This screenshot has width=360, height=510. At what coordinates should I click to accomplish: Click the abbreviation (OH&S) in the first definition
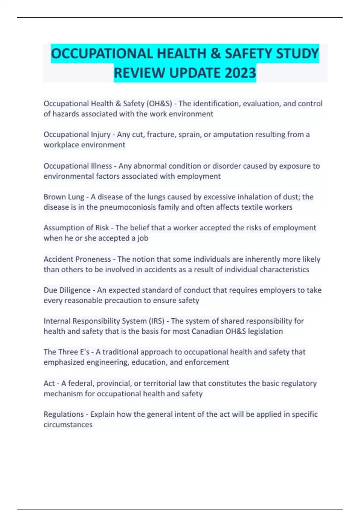pyautogui.click(x=159, y=103)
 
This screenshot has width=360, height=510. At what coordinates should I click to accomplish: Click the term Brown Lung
pyautogui.click(x=64, y=197)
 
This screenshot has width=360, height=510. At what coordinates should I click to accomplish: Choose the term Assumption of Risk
pyautogui.click(x=76, y=228)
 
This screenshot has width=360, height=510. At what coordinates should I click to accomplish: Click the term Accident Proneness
pyautogui.click(x=77, y=259)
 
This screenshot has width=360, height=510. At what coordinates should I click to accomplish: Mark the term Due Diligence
pyautogui.click(x=67, y=290)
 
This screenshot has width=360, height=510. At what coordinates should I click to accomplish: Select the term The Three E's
pyautogui.click(x=67, y=352)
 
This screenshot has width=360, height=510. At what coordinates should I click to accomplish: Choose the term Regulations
pyautogui.click(x=64, y=414)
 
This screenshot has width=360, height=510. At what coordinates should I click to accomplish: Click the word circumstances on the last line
pyautogui.click(x=68, y=425)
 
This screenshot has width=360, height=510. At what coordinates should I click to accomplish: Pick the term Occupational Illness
pyautogui.click(x=78, y=166)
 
